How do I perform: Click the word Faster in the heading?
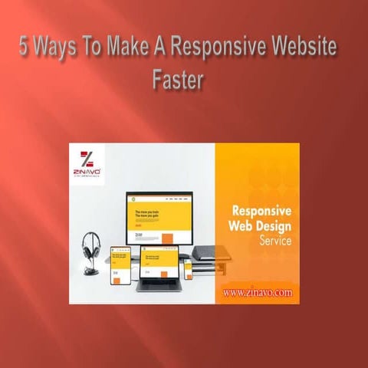[176, 80]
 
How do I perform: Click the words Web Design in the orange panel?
[258, 227]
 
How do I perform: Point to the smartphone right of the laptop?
[189, 270]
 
